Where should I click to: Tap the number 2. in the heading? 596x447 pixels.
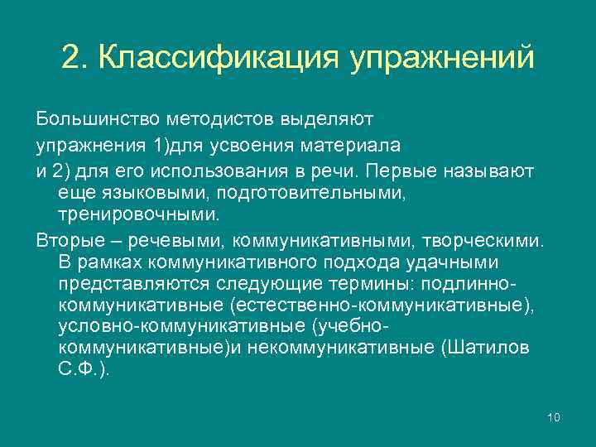[x=74, y=58]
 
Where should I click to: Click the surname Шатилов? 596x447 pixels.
[x=489, y=348]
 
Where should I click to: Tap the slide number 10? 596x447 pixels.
[x=554, y=416]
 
